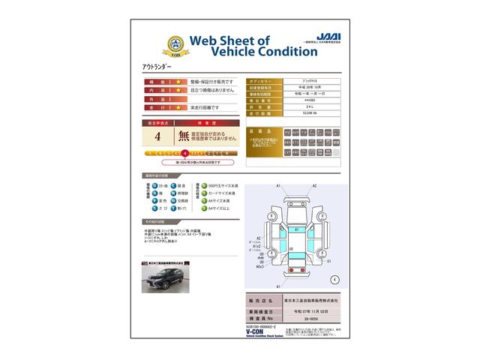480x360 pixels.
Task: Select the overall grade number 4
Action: (157, 136)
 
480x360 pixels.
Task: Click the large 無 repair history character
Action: (184, 136)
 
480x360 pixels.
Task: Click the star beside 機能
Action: (178, 81)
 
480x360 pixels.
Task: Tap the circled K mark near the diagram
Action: (334, 279)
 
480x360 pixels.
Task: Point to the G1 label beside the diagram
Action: (329, 262)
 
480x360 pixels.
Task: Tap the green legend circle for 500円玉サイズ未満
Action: (201, 184)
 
